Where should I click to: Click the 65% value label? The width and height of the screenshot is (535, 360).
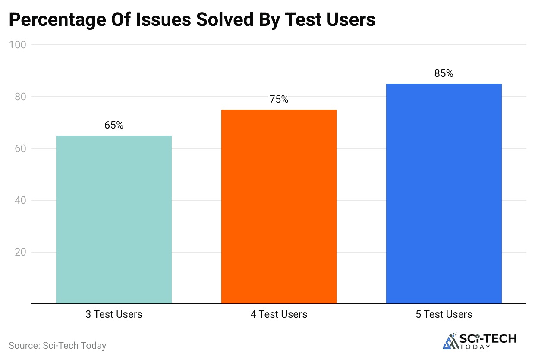pyautogui.click(x=114, y=126)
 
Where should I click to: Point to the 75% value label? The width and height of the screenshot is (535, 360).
pyautogui.click(x=279, y=100)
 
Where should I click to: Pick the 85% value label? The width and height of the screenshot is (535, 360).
pyautogui.click(x=444, y=74)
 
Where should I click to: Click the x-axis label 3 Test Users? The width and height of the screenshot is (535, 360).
pyautogui.click(x=114, y=314)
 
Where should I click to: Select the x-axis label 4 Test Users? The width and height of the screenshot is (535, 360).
pyautogui.click(x=279, y=314)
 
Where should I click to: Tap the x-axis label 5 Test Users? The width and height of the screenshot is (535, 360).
pyautogui.click(x=444, y=314)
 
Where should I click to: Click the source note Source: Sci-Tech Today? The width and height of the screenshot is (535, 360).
pyautogui.click(x=57, y=345)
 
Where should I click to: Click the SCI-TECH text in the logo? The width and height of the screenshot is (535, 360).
pyautogui.click(x=488, y=338)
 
